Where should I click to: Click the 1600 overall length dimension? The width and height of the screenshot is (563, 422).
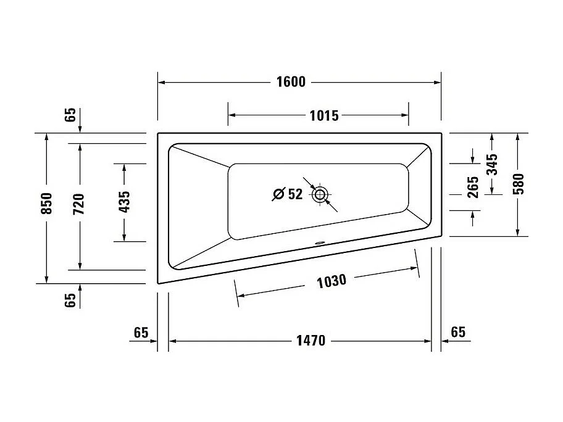pyautogui.click(x=291, y=82)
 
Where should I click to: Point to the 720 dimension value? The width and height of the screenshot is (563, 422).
pyautogui.click(x=78, y=204)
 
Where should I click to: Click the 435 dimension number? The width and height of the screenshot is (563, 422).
pyautogui.click(x=124, y=202)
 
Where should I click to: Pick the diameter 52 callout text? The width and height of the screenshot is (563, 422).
pyautogui.click(x=288, y=195)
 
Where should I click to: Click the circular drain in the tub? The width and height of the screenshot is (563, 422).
pyautogui.click(x=319, y=196)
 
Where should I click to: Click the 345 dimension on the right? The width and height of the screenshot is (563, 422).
pyautogui.click(x=492, y=164)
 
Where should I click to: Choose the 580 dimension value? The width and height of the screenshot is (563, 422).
pyautogui.click(x=518, y=184)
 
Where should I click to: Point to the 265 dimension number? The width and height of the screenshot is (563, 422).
pyautogui.click(x=473, y=187)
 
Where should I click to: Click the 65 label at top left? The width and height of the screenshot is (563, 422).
pyautogui.click(x=70, y=115)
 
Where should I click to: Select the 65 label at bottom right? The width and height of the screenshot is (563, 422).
pyautogui.click(x=457, y=333)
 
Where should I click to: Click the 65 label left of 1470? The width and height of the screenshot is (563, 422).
pyautogui.click(x=141, y=333)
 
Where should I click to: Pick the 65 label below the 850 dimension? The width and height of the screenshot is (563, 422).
pyautogui.click(x=70, y=300)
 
